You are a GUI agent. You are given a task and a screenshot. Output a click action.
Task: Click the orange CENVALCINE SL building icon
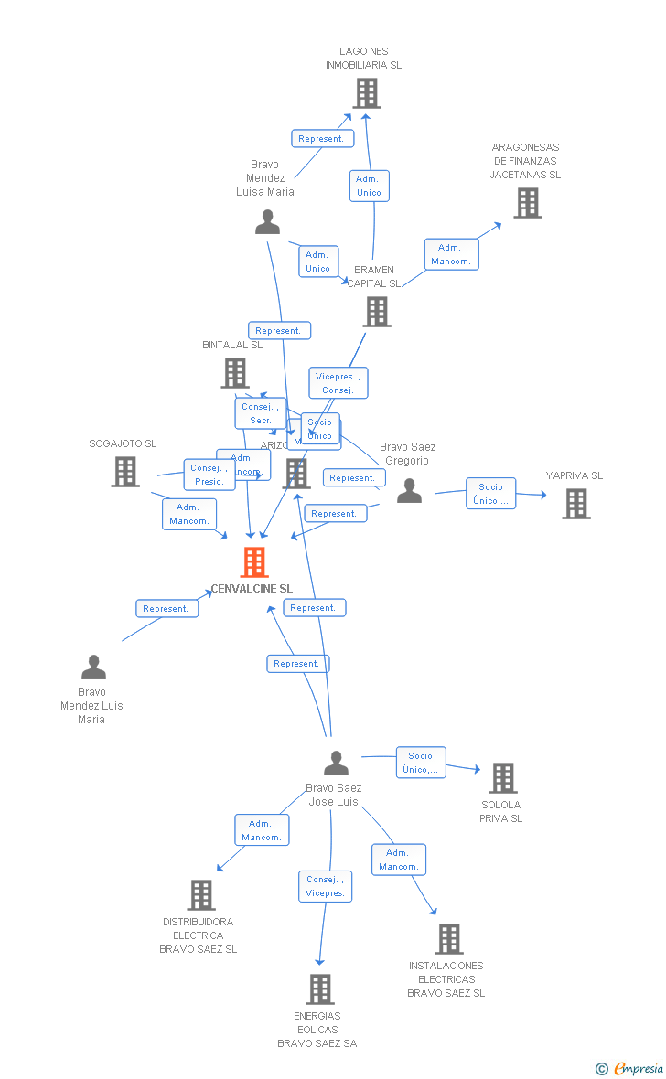[x=254, y=562]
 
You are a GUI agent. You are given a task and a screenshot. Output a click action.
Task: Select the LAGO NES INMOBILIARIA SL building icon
[x=367, y=93]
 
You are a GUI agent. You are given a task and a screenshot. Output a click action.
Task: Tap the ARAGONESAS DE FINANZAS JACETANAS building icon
[x=528, y=203]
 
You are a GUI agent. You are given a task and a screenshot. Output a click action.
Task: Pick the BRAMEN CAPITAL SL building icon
[x=377, y=312]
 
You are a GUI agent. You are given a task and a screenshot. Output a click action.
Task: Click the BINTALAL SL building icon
[x=235, y=373]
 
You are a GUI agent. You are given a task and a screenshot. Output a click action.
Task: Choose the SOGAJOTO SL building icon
[x=125, y=472]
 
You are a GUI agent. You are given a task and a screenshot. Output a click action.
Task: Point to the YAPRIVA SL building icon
[x=576, y=504]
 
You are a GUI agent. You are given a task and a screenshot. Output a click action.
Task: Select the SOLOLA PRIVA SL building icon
[x=503, y=778]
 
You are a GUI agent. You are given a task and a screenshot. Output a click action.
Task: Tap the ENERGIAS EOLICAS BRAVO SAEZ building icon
[x=320, y=989]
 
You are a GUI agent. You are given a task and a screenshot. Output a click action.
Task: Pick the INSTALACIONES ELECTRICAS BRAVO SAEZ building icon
[x=448, y=939]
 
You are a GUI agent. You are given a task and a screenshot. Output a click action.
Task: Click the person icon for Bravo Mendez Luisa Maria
[x=267, y=222]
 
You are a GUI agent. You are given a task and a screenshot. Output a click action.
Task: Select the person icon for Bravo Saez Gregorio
[x=410, y=492]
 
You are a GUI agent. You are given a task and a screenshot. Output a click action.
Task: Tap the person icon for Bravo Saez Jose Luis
[x=337, y=763]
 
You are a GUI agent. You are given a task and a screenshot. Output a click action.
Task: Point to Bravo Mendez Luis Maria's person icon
[x=93, y=668]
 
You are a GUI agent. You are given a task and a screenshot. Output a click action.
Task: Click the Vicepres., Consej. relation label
[x=338, y=383]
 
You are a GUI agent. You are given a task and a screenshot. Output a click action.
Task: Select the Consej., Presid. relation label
[x=209, y=475]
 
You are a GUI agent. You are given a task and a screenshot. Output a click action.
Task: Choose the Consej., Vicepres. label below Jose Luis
[x=326, y=886]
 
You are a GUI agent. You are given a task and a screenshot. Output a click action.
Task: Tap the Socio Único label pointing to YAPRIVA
[x=491, y=494]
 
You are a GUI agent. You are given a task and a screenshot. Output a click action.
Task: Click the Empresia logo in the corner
[x=631, y=1068]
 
